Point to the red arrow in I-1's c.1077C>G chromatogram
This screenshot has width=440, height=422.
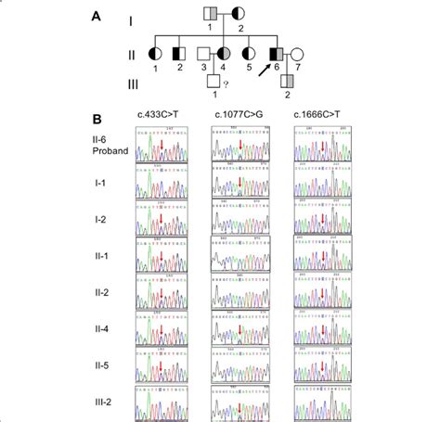[x=239, y=186]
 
